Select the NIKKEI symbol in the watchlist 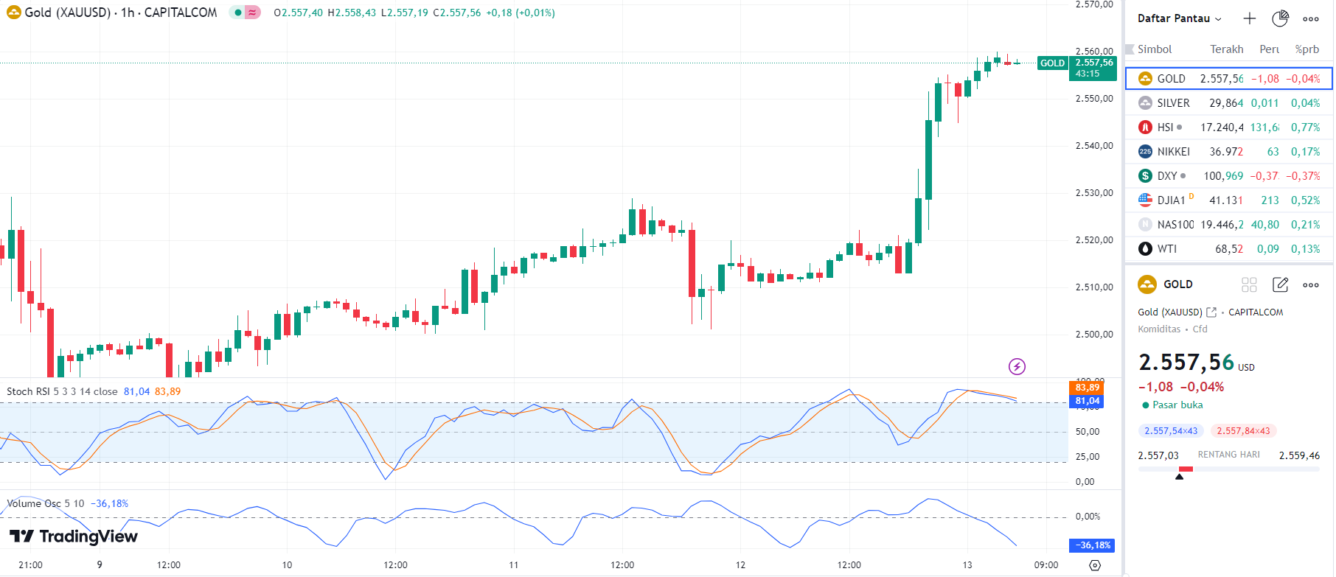point(1173,152)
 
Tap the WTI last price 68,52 point(1228,249)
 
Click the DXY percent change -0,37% point(1303,176)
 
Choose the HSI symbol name point(1165,127)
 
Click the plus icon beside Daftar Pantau point(1249,18)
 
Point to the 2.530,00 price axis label point(1094,193)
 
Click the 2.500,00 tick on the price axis point(1094,335)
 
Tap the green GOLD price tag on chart point(1052,63)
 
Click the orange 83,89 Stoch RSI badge point(1087,388)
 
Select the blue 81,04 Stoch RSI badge point(1087,401)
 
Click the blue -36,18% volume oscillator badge point(1091,545)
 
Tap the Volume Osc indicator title point(33,503)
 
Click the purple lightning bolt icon point(1017,366)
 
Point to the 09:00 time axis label point(1046,565)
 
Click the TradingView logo point(74,536)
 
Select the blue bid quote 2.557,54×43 point(1171,431)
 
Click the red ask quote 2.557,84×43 point(1243,431)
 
